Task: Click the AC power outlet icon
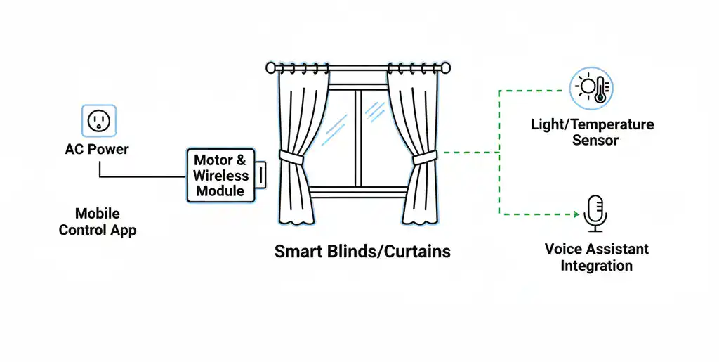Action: point(99,121)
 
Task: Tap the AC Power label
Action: point(97,150)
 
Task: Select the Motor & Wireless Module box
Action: point(220,175)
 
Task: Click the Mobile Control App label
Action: point(98,221)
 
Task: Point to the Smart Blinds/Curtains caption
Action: point(362,251)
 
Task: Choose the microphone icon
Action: point(595,213)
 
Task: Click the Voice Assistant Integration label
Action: point(596,257)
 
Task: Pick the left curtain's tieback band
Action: point(291,156)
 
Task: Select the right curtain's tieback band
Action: point(424,157)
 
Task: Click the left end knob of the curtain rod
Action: point(271,68)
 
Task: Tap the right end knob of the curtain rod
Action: point(444,68)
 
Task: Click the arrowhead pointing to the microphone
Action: point(578,214)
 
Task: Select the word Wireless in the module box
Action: point(220,176)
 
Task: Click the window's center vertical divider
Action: point(358,137)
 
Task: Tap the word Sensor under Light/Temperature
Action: point(595,140)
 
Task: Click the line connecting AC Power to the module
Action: point(140,176)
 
